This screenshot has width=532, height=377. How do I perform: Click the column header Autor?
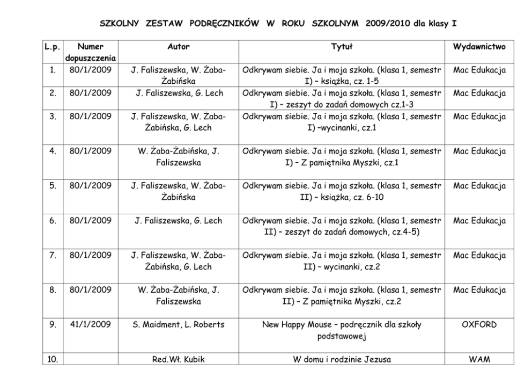[179, 47]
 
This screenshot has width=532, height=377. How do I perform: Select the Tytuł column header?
[341, 47]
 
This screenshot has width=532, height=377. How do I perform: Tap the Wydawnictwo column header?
[479, 47]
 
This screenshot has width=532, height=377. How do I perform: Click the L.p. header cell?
[52, 47]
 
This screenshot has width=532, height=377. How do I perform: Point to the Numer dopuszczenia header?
[90, 53]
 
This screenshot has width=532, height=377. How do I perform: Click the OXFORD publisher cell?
[479, 325]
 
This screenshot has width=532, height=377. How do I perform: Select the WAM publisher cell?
[479, 359]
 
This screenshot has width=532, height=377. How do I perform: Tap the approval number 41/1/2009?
[90, 325]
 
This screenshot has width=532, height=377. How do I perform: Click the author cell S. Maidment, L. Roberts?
[179, 325]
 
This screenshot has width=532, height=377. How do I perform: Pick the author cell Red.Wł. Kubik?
[179, 359]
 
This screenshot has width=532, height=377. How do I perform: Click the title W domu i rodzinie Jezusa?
[341, 359]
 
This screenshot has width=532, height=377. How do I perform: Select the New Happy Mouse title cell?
[341, 330]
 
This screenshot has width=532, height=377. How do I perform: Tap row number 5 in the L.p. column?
[52, 186]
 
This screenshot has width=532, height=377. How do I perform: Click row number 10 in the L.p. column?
[52, 359]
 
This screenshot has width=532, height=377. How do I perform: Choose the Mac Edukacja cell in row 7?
[479, 256]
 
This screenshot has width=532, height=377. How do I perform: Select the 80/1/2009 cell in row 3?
[90, 117]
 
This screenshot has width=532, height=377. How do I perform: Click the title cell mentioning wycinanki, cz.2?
[341, 261]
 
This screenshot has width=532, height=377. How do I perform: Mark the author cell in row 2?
[179, 93]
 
